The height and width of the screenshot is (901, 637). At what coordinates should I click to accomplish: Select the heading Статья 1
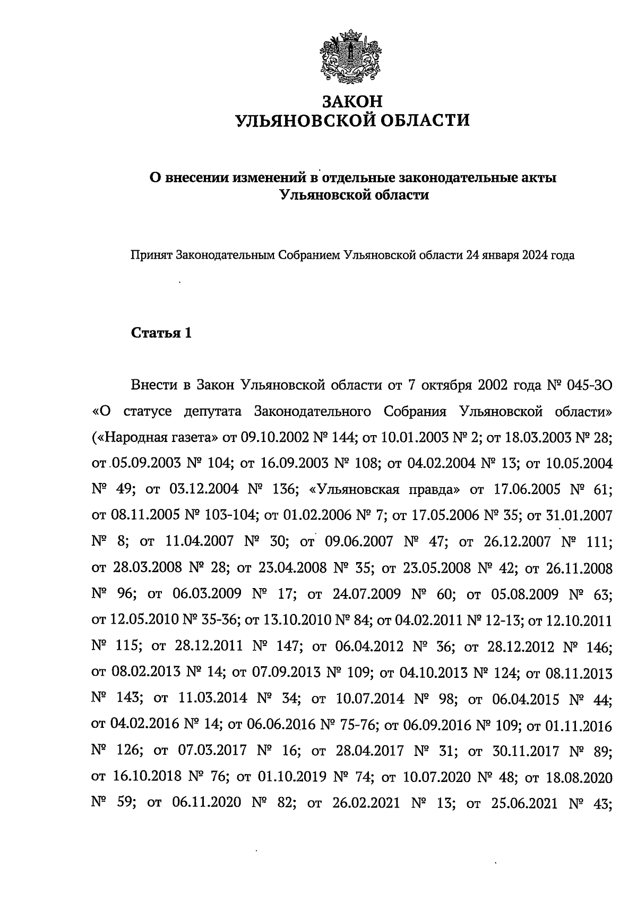tap(161, 333)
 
